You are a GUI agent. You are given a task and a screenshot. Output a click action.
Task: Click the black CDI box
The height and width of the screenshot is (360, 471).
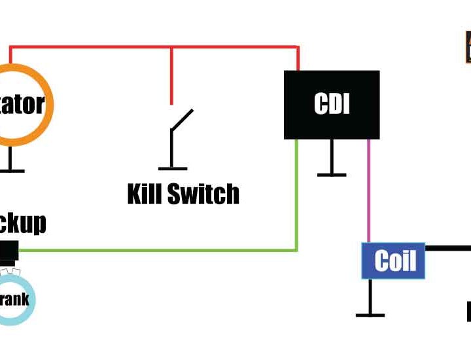[332, 105]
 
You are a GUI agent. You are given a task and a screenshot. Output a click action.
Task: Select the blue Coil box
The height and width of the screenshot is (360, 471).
[393, 261]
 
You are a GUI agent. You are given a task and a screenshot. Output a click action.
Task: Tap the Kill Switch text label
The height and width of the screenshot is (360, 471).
[183, 194]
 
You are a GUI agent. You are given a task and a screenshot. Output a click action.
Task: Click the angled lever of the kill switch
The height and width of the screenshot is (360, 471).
[182, 121]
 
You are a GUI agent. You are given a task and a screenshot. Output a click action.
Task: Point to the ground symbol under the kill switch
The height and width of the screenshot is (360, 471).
[172, 168]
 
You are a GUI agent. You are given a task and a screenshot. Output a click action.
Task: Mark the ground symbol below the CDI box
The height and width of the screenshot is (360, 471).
[332, 174]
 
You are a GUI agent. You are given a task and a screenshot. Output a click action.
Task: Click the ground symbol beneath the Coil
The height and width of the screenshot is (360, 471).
[370, 315]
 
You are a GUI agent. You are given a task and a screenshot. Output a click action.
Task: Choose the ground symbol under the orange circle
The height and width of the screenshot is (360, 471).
[10, 170]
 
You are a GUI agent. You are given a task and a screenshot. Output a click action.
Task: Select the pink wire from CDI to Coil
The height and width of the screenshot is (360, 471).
[368, 190]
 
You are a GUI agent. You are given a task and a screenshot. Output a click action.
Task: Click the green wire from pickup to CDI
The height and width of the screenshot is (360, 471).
[164, 250]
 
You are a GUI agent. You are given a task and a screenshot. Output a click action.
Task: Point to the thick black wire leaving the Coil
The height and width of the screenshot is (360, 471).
[448, 248]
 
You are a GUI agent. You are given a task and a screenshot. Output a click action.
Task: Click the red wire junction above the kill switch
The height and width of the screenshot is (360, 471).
[172, 48]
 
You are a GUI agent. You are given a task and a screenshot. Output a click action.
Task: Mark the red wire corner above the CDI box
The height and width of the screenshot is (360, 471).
[298, 48]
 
